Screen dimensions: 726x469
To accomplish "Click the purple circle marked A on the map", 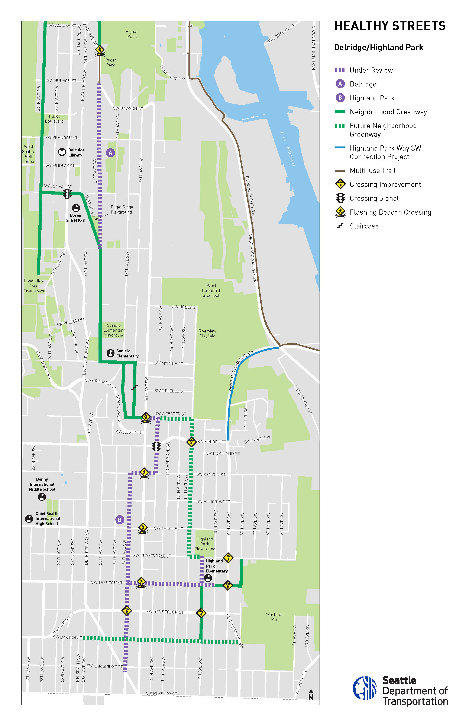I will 110,153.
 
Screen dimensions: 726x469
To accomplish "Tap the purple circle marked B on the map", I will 120,520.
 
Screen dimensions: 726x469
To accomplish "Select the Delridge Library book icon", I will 62,152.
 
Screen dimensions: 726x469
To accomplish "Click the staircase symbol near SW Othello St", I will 134,387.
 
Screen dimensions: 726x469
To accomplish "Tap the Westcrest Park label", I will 275,617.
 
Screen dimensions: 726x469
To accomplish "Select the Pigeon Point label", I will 132,34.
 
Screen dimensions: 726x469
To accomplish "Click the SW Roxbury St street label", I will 161,693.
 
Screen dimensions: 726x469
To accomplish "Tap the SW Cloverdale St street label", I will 152,556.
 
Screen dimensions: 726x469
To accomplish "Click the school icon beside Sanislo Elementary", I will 110,353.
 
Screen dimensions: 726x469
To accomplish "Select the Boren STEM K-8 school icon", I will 76,208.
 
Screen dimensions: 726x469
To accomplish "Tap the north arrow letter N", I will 311,697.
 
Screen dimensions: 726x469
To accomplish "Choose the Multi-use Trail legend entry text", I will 372,171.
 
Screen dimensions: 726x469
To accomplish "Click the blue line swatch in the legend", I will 340,148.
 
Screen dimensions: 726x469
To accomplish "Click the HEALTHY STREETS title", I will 390,26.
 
